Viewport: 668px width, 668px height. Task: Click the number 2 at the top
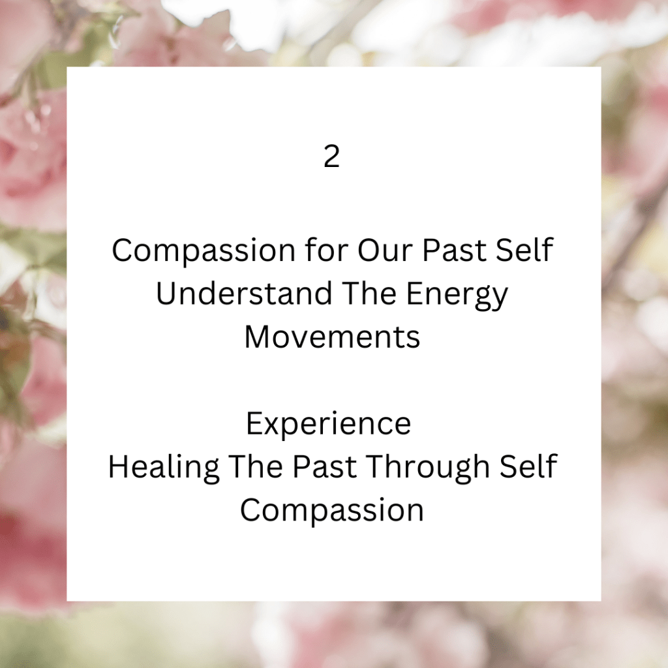click(x=332, y=157)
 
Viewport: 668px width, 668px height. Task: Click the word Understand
click(x=244, y=294)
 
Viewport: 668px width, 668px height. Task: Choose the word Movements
click(x=332, y=337)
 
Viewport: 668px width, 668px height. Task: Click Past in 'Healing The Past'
click(x=325, y=466)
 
